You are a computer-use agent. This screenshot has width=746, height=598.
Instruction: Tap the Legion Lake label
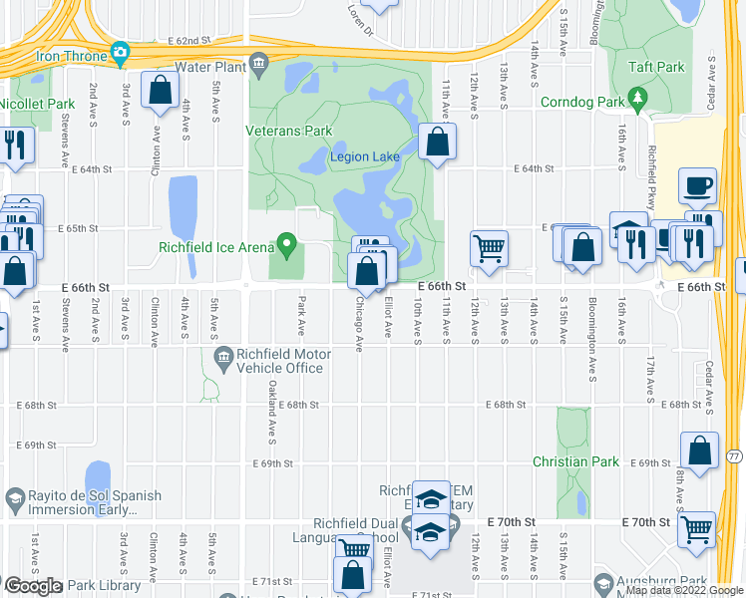[x=365, y=156]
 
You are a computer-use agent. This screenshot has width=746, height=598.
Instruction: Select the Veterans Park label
[x=289, y=131]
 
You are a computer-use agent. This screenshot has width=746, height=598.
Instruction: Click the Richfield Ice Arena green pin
[x=288, y=242]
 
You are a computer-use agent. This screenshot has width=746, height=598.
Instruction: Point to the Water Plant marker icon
[x=259, y=67]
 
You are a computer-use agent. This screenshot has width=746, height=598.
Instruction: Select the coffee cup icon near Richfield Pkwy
[x=698, y=184]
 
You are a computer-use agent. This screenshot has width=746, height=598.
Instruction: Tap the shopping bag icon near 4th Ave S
[x=160, y=91]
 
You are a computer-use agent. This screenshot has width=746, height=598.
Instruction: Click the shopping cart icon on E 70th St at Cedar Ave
[x=696, y=528]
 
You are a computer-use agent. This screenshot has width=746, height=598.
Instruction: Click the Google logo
[x=33, y=586]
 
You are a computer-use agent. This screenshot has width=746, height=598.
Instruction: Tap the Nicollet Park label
[x=38, y=103]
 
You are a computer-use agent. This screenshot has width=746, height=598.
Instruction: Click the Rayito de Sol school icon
[x=14, y=497]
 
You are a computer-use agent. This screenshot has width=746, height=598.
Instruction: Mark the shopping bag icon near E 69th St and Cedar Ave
[x=700, y=449]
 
